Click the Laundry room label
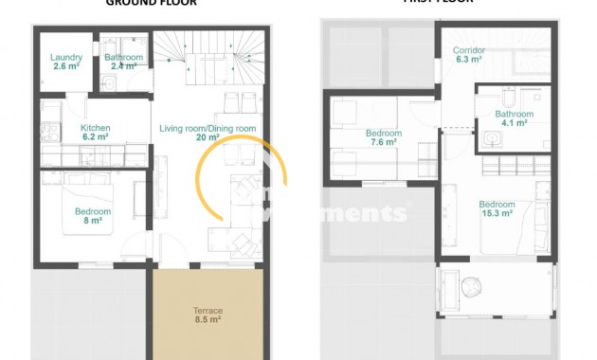65,58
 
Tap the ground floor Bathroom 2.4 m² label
123,58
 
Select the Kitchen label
96,128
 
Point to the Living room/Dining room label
208,128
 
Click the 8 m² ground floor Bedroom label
93,211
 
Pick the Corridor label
469,50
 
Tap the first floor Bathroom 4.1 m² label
514,115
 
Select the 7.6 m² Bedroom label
384,134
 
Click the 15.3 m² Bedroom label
497,205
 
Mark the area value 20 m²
208,137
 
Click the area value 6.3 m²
469,60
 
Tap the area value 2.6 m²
65,67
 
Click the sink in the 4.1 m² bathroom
491,140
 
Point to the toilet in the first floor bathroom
510,98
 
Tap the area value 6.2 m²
96,137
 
